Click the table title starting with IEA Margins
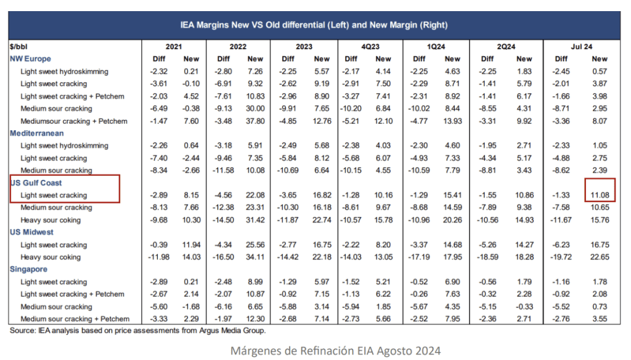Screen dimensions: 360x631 (x=314, y=25)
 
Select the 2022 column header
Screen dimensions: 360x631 (x=238, y=46)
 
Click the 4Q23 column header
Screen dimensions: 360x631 (x=370, y=46)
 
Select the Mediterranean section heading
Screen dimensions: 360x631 (x=37, y=133)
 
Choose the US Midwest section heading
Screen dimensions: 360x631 (x=32, y=232)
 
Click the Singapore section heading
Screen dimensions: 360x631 (x=28, y=269)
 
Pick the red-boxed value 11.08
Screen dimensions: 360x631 (x=600, y=195)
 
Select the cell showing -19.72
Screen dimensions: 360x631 (x=561, y=257)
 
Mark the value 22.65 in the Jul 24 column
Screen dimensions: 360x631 (x=600, y=257)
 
